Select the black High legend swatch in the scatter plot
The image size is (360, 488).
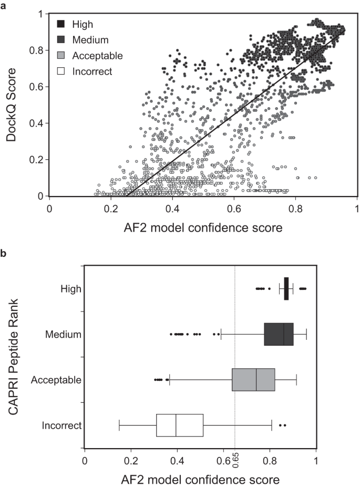click(61, 24)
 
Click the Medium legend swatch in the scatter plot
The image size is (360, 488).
click(61, 40)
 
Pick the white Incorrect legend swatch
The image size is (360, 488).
click(61, 71)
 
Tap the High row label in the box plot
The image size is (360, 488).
click(71, 288)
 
